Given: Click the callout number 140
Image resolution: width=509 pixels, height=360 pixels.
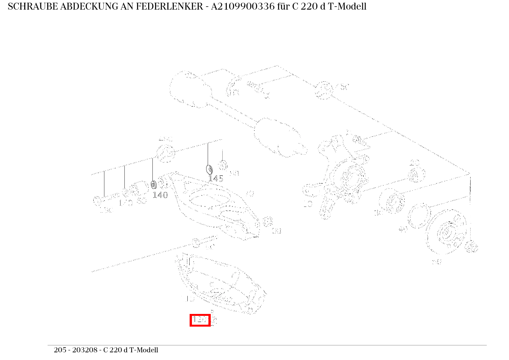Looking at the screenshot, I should pos(160,195).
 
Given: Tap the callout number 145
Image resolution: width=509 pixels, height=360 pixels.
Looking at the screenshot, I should pos(216,178).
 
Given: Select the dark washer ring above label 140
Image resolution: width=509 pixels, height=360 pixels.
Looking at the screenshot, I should pos(153,185).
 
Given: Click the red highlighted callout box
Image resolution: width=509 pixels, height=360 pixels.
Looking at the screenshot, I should pos(200,320).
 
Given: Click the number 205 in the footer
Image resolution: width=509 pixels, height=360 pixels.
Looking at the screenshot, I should pos(60,350).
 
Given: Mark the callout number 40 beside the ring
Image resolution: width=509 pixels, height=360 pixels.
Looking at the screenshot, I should pos(403,230).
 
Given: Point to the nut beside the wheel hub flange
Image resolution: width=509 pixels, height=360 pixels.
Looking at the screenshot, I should pos(472,246).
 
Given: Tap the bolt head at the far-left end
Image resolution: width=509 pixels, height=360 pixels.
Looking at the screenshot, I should pos(97,200).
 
